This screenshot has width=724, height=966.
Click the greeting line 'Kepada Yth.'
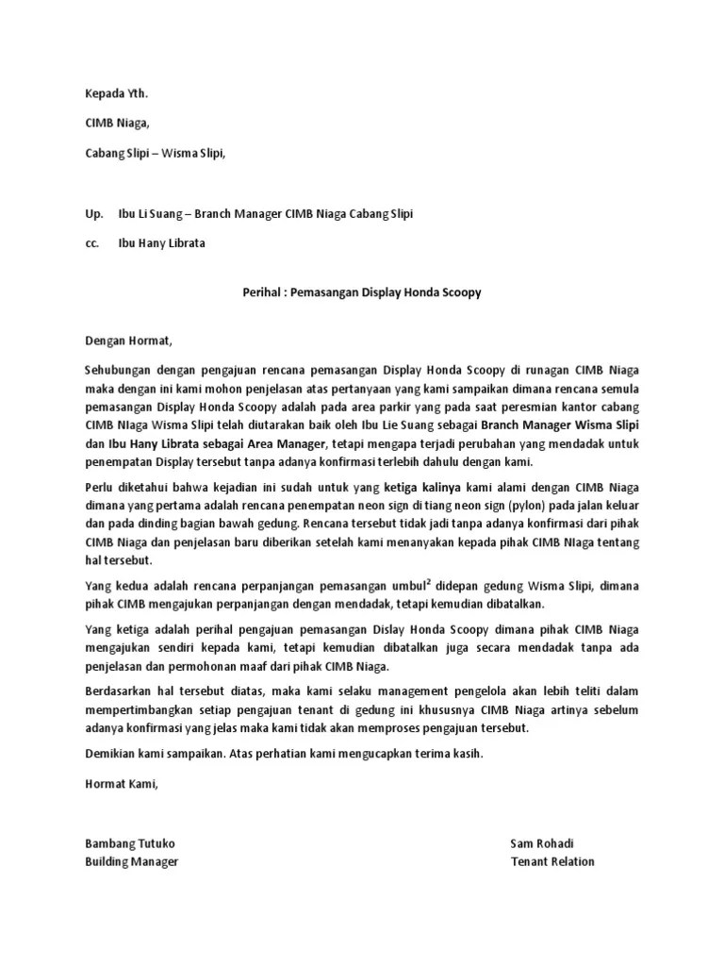click(x=117, y=93)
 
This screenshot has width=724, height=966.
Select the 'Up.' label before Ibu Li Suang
click(x=93, y=214)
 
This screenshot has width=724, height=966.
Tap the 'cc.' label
click(x=92, y=243)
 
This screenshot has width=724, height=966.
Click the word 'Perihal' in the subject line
click(x=252, y=292)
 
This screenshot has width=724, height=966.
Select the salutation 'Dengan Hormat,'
click(x=130, y=341)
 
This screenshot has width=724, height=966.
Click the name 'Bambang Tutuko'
click(x=130, y=843)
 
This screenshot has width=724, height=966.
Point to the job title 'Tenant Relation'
click(x=552, y=861)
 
